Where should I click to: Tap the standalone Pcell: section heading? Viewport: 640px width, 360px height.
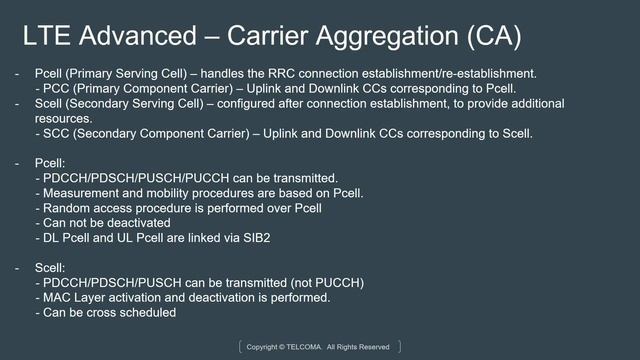[x=50, y=162]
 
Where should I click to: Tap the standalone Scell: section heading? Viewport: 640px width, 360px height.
[x=50, y=267]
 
